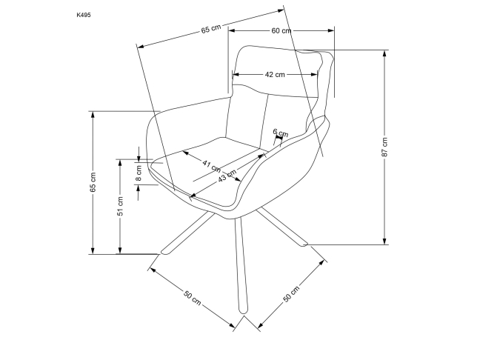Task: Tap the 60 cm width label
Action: point(281,30)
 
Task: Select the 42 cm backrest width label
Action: point(275,74)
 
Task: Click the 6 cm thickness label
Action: point(280,133)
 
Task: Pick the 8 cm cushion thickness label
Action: point(139,173)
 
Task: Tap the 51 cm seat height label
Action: point(120,207)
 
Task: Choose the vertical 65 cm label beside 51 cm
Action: point(93,182)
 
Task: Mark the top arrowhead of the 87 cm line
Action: point(385,53)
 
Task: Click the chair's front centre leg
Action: point(239,267)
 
